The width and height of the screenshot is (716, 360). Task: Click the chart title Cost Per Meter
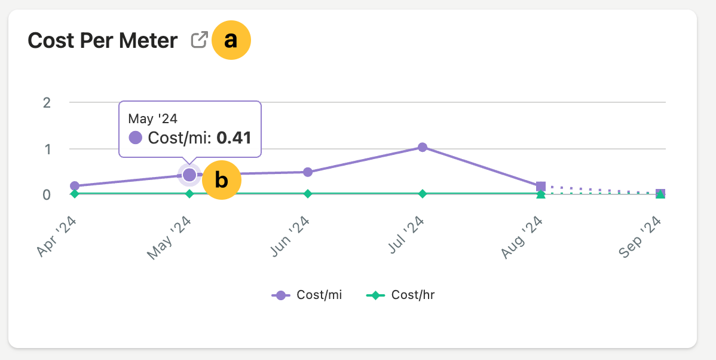[x=103, y=41]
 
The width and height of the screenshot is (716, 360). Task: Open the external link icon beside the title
[x=199, y=40]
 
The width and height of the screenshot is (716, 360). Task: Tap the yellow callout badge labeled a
[x=231, y=40]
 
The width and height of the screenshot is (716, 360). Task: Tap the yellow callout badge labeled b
[x=221, y=180]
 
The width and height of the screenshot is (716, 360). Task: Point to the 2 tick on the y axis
[x=47, y=102]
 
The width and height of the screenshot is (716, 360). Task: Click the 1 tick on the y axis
[x=47, y=149]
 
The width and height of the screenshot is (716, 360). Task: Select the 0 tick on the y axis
[x=47, y=195]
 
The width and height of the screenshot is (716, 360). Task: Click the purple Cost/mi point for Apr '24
[x=75, y=186]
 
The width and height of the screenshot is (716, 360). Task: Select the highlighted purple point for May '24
[x=189, y=175]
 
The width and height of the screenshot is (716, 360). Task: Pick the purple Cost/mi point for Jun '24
[x=308, y=172]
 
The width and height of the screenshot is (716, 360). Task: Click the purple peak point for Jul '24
[x=423, y=147]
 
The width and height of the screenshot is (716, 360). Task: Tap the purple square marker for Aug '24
[x=541, y=187]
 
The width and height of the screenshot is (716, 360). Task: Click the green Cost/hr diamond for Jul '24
[x=423, y=194]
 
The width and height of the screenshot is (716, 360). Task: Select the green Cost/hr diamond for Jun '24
[x=308, y=194]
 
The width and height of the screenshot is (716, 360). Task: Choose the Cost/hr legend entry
[x=400, y=295]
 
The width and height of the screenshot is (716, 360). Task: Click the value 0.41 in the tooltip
[x=234, y=138]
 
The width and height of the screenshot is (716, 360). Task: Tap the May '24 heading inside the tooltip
[x=153, y=118]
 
